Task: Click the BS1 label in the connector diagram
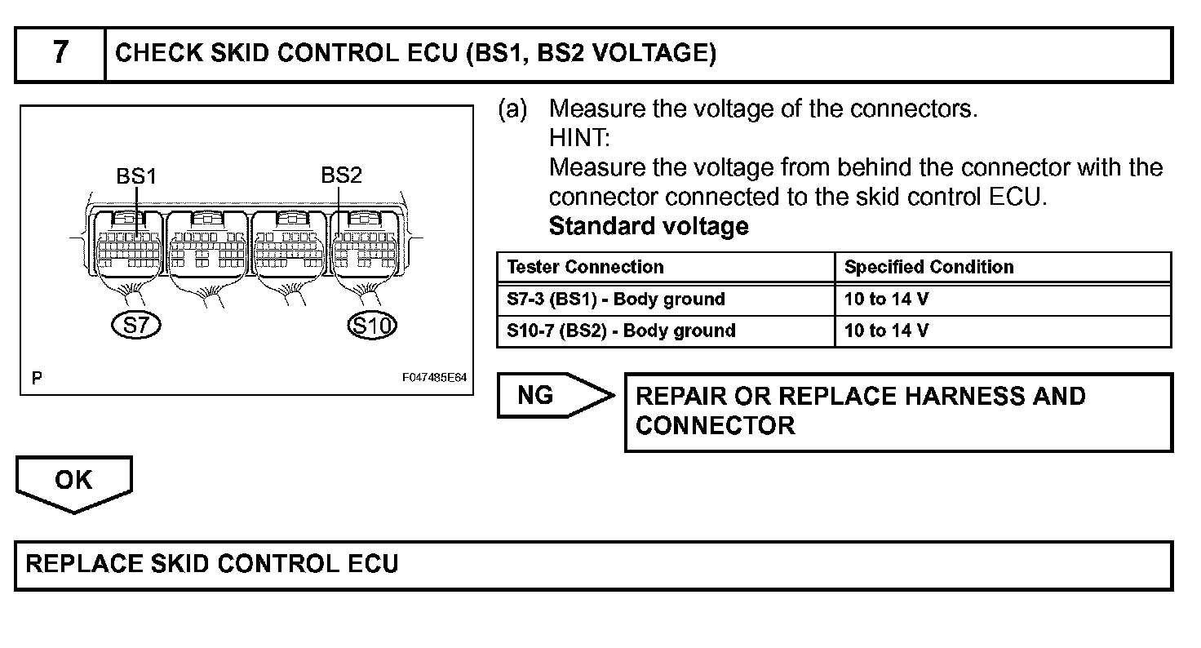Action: [136, 176]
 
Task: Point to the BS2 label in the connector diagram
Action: [341, 176]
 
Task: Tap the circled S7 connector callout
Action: [136, 326]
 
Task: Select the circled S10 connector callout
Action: [371, 326]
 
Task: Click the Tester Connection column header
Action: [585, 268]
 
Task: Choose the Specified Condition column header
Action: [928, 268]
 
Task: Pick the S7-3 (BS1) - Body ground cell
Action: [615, 300]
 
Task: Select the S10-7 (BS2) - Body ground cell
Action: [621, 331]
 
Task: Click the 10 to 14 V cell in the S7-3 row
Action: [886, 300]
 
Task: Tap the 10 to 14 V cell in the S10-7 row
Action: [886, 331]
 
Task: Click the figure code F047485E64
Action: [434, 379]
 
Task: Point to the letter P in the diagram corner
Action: [37, 379]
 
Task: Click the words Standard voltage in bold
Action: [649, 226]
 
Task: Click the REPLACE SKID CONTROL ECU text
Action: [212, 564]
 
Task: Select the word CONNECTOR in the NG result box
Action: [715, 425]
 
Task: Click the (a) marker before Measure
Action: [512, 109]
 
